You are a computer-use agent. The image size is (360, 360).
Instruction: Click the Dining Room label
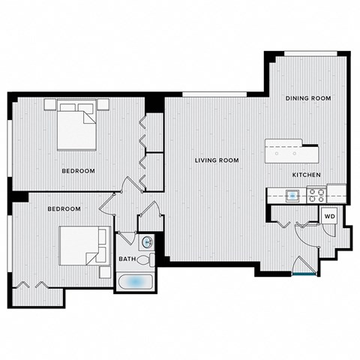308,98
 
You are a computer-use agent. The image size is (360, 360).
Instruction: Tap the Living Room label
216,160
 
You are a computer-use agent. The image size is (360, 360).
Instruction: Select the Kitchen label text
307,175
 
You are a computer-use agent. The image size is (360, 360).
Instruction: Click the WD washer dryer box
329,216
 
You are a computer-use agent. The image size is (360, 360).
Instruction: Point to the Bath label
127,259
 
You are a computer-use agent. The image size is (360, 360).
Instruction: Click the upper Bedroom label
79,171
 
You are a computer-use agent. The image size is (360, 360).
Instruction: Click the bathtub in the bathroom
136,282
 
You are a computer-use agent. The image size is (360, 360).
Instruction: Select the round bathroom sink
147,241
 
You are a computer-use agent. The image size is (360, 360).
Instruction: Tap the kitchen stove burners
316,194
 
